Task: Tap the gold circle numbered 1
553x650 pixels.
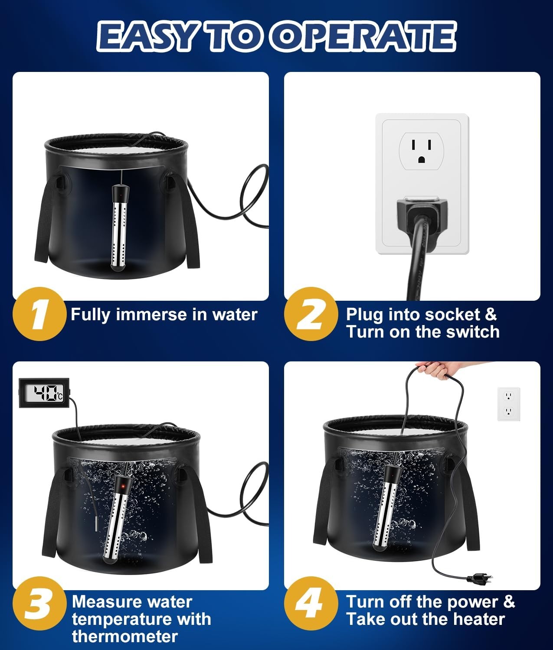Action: (x=39, y=314)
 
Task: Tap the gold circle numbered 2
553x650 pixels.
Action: (x=311, y=314)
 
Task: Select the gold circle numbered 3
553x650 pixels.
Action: (x=39, y=604)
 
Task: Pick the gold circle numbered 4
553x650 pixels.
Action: (x=311, y=604)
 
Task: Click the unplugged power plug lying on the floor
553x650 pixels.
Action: (x=480, y=578)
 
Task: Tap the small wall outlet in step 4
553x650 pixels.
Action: (x=508, y=404)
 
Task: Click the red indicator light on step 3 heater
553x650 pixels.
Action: (x=124, y=485)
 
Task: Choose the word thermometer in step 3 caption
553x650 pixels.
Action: (x=125, y=637)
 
